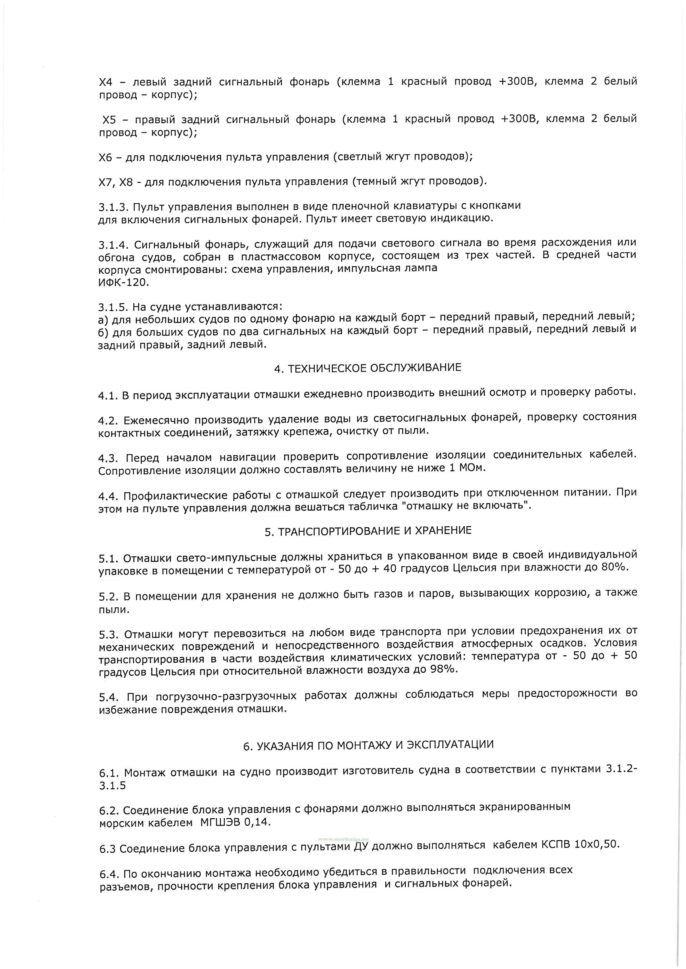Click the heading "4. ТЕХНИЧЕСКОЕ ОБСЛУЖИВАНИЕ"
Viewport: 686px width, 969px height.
pos(368,368)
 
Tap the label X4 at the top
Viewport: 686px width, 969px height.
pos(106,82)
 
